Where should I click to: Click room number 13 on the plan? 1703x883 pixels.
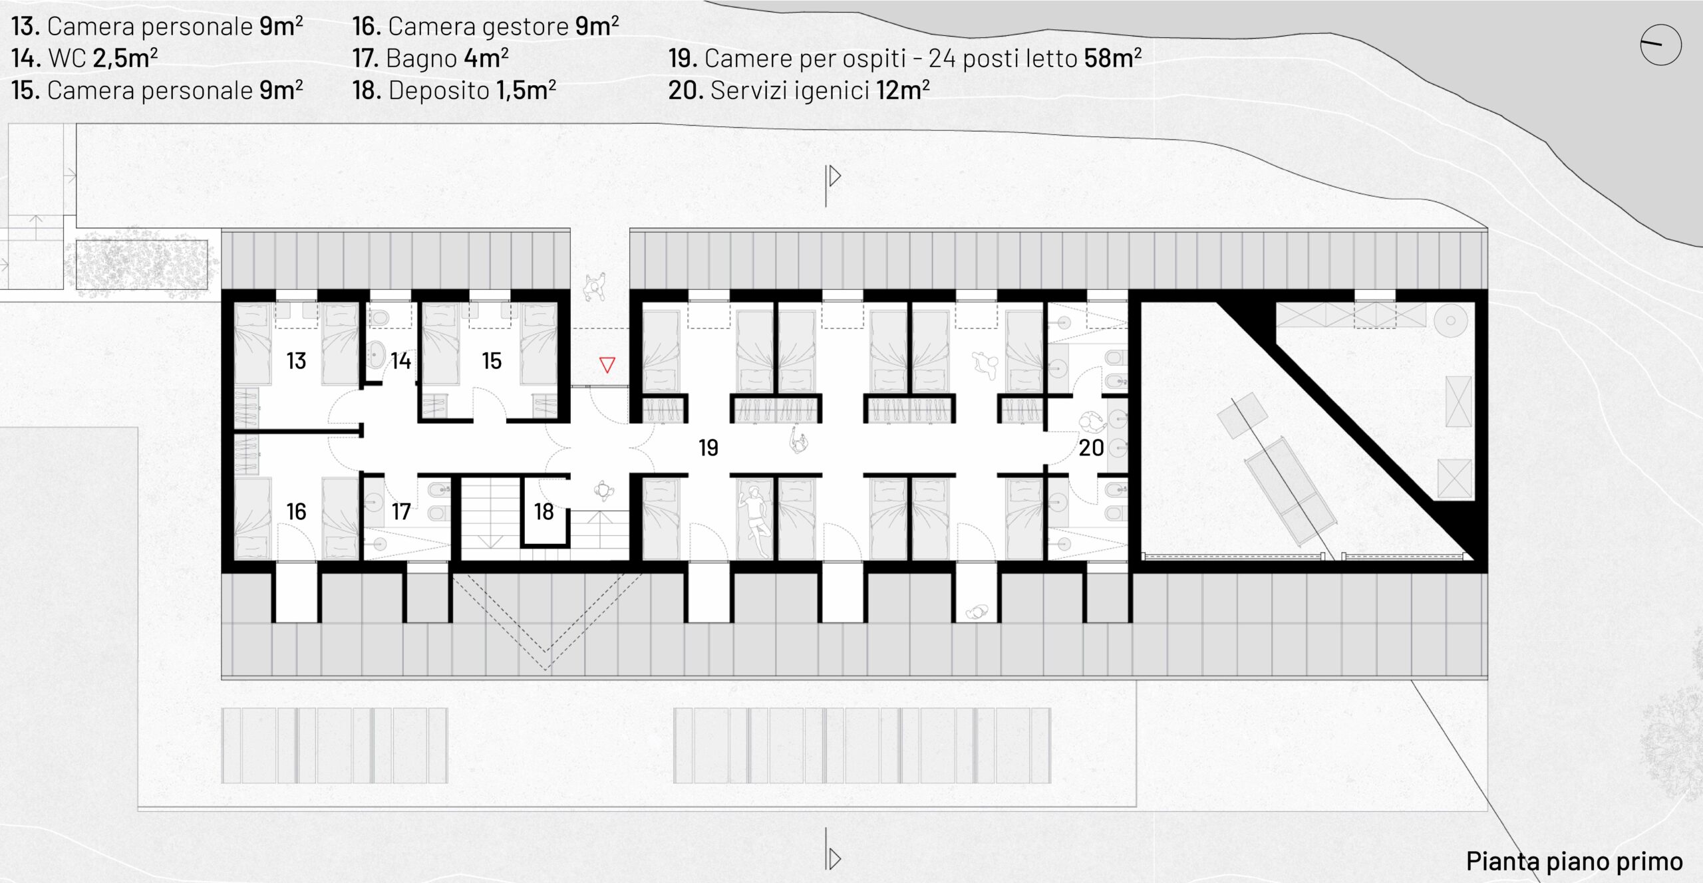(x=296, y=361)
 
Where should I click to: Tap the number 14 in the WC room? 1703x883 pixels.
(x=400, y=361)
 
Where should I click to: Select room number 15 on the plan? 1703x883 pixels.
(x=492, y=361)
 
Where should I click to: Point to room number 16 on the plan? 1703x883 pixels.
(x=296, y=511)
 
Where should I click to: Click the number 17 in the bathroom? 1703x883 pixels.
(x=400, y=511)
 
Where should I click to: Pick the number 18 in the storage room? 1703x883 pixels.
(x=543, y=511)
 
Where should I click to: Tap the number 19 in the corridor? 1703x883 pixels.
(x=708, y=447)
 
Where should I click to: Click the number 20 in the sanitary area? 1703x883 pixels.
(x=1091, y=447)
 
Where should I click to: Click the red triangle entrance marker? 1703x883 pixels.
(x=607, y=364)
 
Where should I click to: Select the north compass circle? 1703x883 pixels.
(x=1660, y=45)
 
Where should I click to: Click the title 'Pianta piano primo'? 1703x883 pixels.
(x=1575, y=861)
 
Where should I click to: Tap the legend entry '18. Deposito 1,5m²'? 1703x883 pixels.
(x=454, y=90)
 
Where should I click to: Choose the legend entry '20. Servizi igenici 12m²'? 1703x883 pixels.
(x=799, y=90)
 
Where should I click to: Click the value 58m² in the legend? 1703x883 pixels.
(x=1113, y=58)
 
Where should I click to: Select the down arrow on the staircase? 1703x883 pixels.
(x=490, y=543)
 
